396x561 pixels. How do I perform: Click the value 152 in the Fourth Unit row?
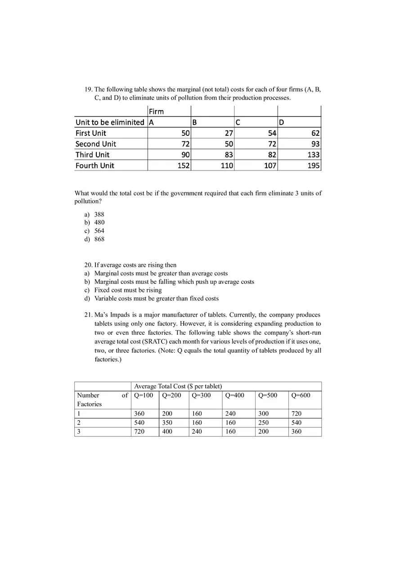(x=183, y=166)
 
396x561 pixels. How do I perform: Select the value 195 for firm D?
(x=313, y=166)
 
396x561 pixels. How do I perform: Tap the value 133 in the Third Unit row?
(x=313, y=155)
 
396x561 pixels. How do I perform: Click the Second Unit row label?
(x=95, y=144)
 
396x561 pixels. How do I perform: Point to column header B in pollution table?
(x=194, y=122)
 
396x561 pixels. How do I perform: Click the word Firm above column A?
(x=156, y=112)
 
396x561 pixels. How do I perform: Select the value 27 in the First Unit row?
(x=229, y=133)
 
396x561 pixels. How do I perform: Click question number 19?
(x=88, y=90)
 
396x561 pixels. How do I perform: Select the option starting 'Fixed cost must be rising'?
(x=128, y=290)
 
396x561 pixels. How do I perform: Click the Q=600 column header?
(x=301, y=395)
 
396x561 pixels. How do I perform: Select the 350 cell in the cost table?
(x=167, y=422)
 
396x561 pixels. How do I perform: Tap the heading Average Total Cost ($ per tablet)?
(x=178, y=386)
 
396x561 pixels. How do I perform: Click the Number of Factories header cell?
(x=102, y=399)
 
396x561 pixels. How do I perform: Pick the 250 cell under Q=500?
(x=263, y=422)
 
